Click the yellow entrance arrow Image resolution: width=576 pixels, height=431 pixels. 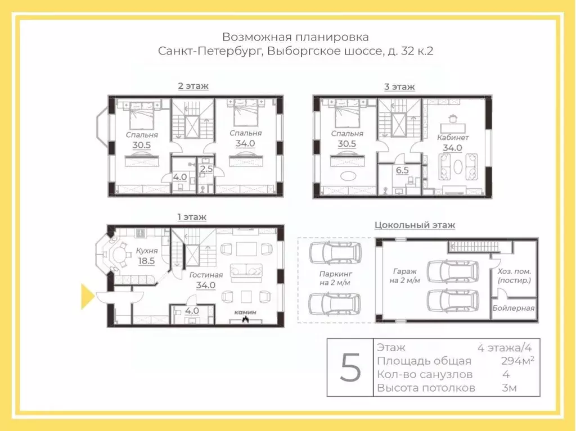pyautogui.click(x=87, y=297)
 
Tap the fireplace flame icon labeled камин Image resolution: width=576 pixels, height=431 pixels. pyautogui.click(x=245, y=320)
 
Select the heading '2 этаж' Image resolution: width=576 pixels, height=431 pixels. pyautogui.click(x=193, y=87)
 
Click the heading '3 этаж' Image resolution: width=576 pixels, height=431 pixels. pyautogui.click(x=399, y=87)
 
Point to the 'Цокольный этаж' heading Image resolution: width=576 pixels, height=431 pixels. pyautogui.click(x=415, y=225)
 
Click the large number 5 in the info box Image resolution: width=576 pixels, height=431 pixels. pyautogui.click(x=350, y=368)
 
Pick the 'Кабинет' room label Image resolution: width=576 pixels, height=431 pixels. pyautogui.click(x=453, y=137)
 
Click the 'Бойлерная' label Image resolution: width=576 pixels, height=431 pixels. pyautogui.click(x=514, y=308)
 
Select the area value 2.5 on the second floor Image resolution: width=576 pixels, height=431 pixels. pyautogui.click(x=206, y=169)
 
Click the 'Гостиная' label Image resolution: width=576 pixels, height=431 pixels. pyautogui.click(x=206, y=275)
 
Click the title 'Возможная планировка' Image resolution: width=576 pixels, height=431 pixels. pyautogui.click(x=295, y=37)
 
